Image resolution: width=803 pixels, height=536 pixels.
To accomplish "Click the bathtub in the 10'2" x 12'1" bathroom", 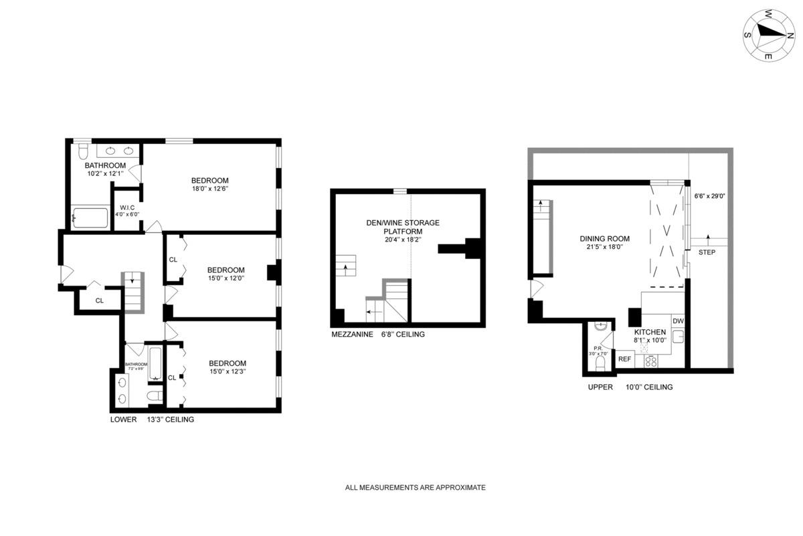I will point(90,217).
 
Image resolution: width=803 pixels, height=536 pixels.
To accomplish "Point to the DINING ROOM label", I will point(604,238).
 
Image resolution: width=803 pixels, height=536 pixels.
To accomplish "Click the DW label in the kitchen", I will point(677,321).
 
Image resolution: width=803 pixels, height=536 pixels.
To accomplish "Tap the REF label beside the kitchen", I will point(624,359).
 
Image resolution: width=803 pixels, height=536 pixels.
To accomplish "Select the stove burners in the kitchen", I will point(650,361).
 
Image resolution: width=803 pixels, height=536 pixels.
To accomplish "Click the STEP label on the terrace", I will point(706,252).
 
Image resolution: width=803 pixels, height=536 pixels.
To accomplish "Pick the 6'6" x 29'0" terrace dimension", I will point(710,196).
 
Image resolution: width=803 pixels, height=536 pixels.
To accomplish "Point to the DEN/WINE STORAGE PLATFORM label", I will point(402,227).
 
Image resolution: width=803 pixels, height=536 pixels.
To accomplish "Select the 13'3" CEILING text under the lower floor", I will point(171,420).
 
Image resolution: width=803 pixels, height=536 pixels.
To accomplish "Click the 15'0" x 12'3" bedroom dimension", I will point(226,372).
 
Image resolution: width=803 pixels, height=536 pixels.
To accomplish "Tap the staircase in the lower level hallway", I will point(132,292).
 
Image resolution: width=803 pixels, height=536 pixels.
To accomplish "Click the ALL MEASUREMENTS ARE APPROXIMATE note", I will point(415,488).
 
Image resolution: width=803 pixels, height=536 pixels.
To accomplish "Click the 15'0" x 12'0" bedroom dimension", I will point(226,279).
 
